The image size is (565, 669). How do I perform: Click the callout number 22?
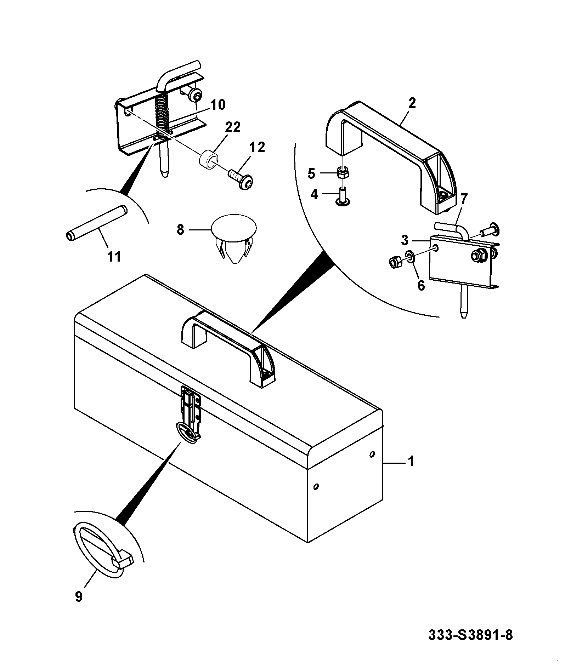point(232,127)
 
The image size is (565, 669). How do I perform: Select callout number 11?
point(114,256)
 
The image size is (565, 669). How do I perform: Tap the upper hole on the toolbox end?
point(372,454)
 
